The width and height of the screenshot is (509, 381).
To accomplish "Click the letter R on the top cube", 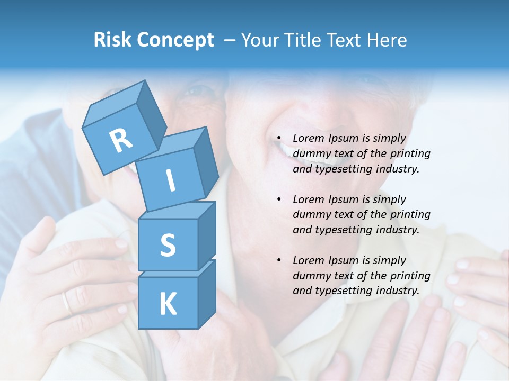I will click(121, 141).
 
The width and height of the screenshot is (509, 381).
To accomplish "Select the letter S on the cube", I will click(168, 245).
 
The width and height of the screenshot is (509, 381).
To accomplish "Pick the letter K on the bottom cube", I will click(168, 304).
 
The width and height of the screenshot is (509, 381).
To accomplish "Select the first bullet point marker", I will click(279, 138).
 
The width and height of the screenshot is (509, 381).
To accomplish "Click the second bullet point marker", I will click(279, 199).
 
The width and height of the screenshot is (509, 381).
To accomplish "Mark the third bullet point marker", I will click(279, 260).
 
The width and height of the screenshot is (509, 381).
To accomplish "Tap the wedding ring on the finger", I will click(66, 303).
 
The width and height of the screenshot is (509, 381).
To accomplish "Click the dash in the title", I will click(230, 40).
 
